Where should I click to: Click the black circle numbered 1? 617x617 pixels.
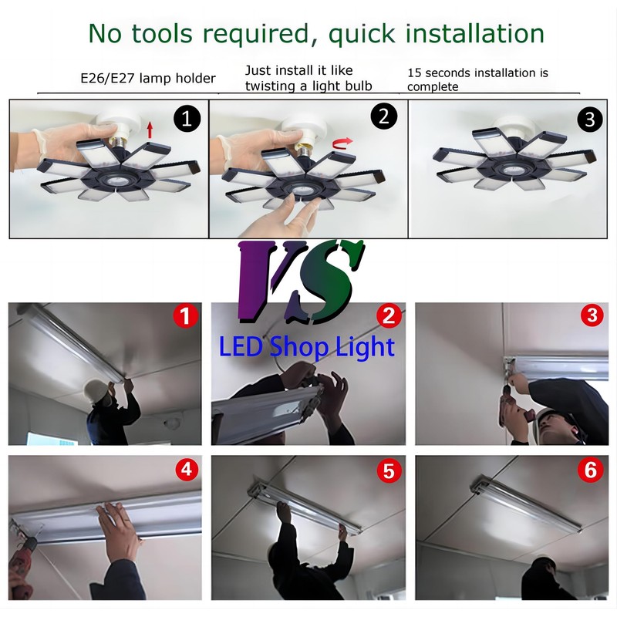(x=187, y=118)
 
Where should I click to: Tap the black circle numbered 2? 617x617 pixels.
(x=383, y=116)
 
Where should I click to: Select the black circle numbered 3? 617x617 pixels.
(x=590, y=120)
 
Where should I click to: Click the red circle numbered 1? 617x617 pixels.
(x=185, y=315)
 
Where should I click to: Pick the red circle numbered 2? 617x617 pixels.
(x=389, y=315)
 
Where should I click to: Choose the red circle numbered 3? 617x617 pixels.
(x=592, y=315)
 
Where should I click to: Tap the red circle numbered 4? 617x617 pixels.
(x=187, y=469)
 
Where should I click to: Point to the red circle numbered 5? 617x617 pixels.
(x=389, y=470)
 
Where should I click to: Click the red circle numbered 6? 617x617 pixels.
(x=590, y=470)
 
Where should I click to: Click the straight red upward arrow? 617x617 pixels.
(x=150, y=130)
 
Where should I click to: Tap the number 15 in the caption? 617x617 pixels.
(x=414, y=72)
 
